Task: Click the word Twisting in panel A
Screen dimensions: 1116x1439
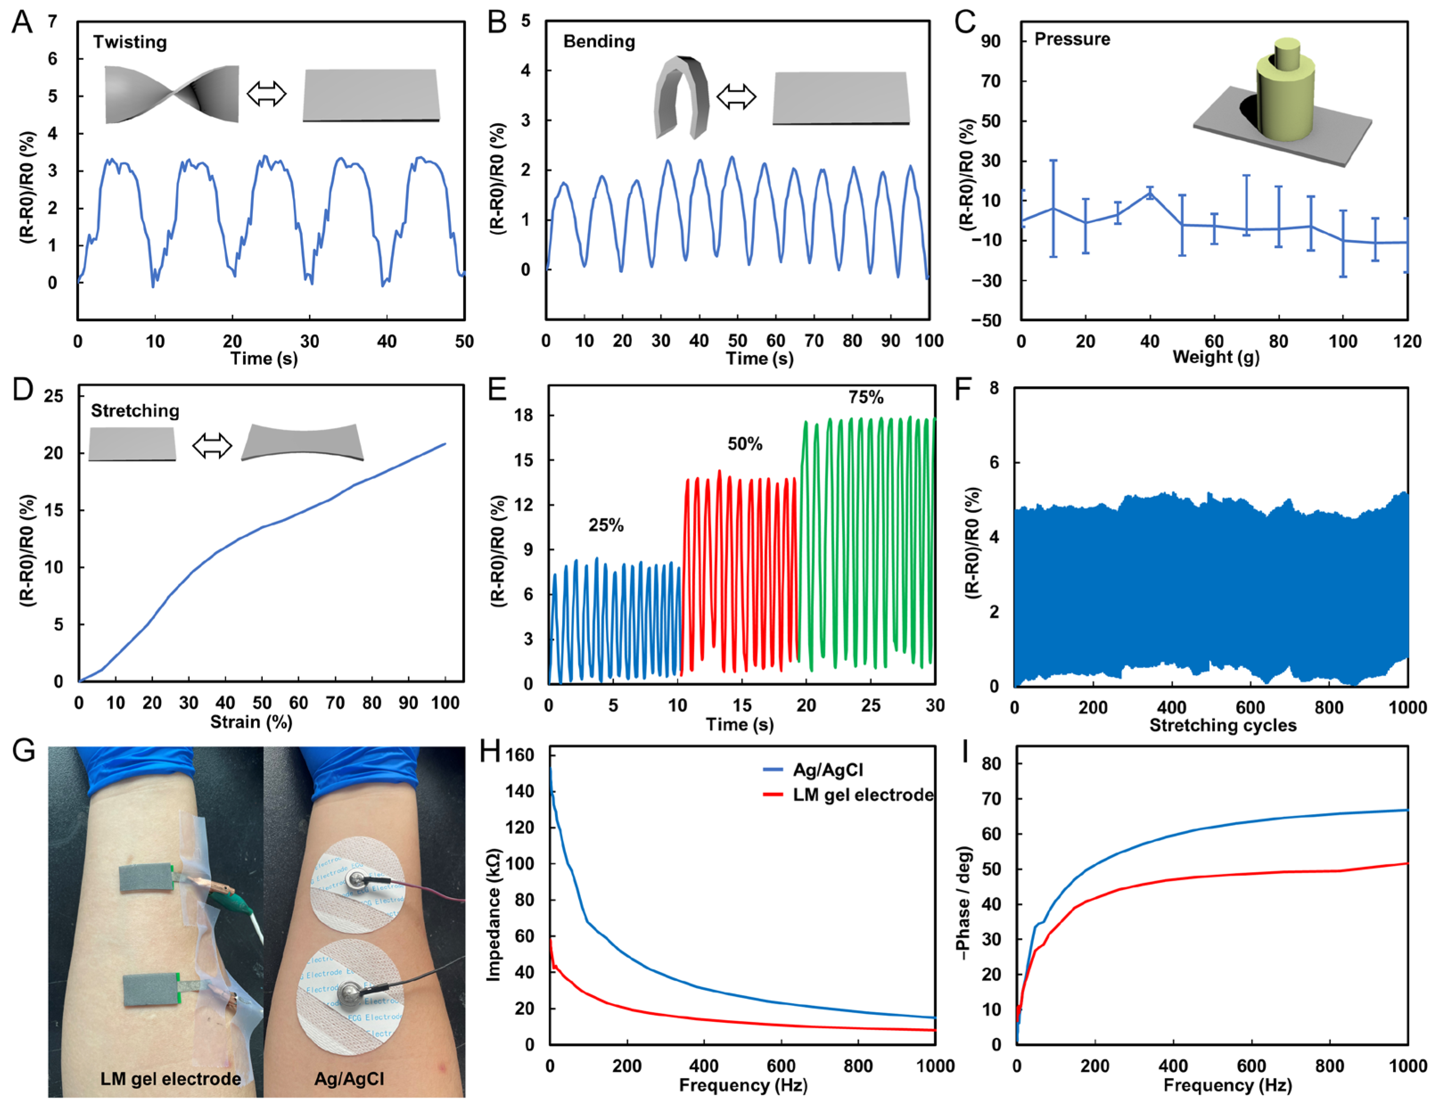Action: pyautogui.click(x=130, y=42)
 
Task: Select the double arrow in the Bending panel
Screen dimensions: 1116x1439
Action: pyautogui.click(x=736, y=96)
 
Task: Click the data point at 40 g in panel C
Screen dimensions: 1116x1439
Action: pyautogui.click(x=1150, y=193)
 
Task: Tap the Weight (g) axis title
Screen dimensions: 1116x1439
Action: pyautogui.click(x=1216, y=358)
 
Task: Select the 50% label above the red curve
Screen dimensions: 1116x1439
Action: pyautogui.click(x=745, y=444)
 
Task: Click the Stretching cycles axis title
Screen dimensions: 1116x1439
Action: pyautogui.click(x=1223, y=726)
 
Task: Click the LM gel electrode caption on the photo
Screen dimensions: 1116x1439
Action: pyautogui.click(x=170, y=1079)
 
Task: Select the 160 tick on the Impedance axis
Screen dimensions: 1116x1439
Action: pyautogui.click(x=520, y=755)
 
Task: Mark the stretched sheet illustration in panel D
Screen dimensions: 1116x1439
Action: pyautogui.click(x=302, y=442)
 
